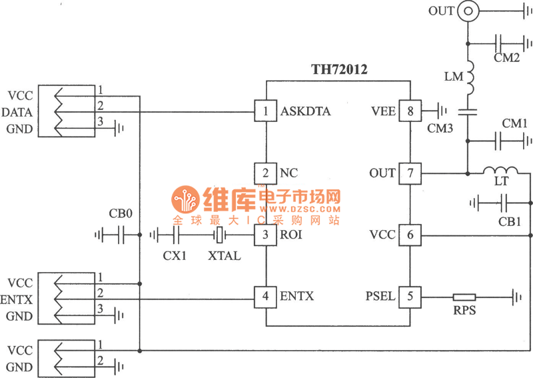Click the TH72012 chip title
340,69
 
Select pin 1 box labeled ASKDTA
266,111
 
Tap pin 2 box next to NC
266,173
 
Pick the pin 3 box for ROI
266,235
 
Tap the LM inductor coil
468,79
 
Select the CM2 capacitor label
507,58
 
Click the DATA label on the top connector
20,112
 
